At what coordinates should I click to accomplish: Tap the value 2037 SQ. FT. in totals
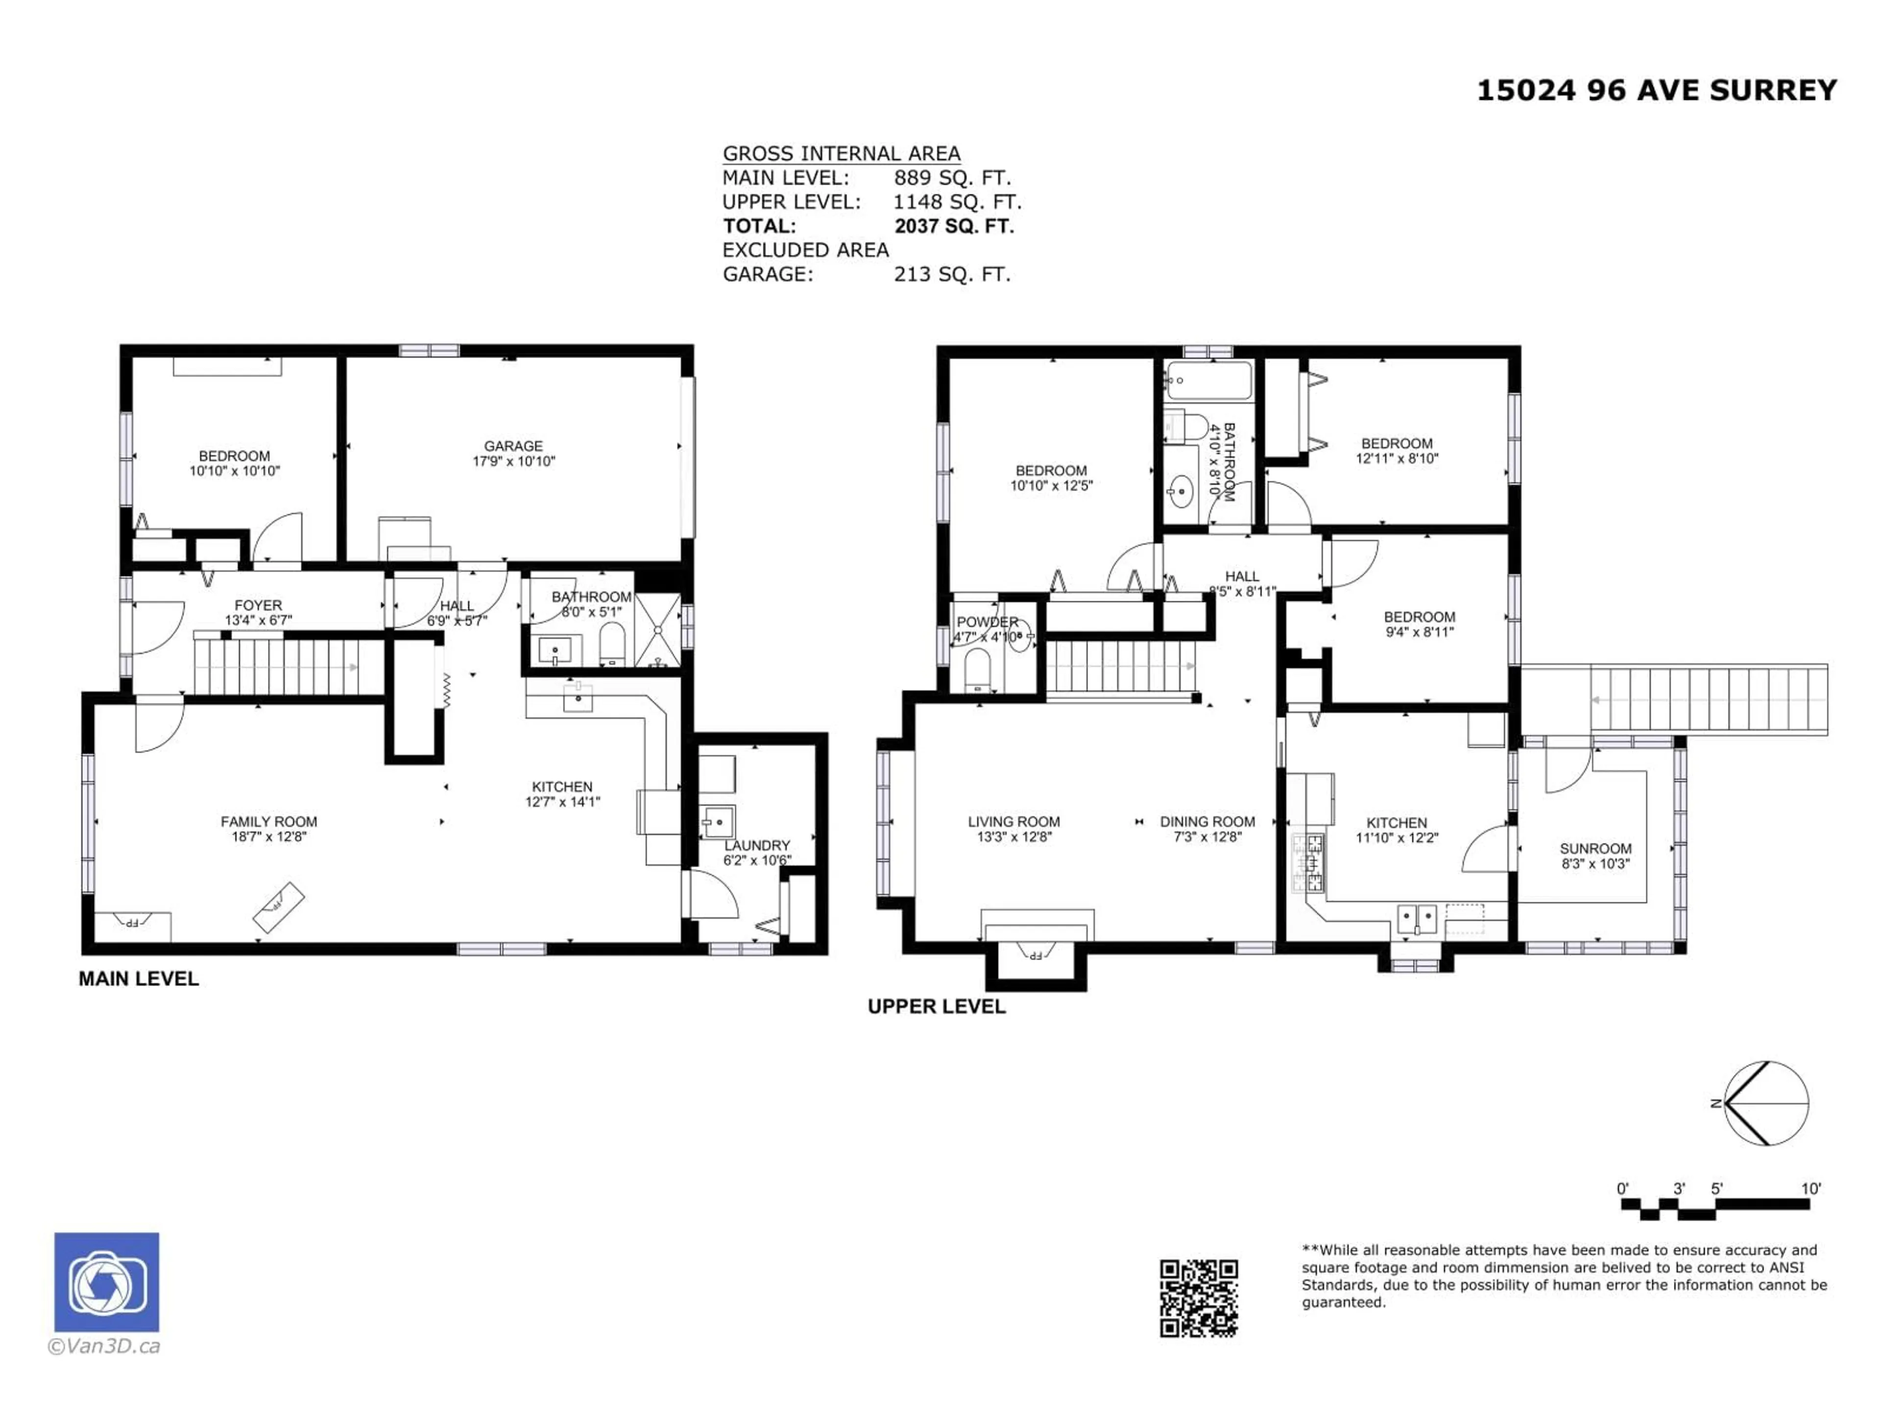(x=954, y=226)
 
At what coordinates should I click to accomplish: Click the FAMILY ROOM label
(x=269, y=822)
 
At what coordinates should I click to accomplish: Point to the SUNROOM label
(x=1595, y=849)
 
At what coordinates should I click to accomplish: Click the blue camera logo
(x=106, y=1282)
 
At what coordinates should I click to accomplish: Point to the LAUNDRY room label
(x=757, y=846)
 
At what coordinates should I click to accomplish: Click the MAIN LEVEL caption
(x=139, y=979)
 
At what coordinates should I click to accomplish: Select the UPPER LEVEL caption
(x=936, y=1007)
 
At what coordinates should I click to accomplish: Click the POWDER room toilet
(x=977, y=670)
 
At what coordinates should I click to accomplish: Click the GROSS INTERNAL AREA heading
(x=841, y=154)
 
